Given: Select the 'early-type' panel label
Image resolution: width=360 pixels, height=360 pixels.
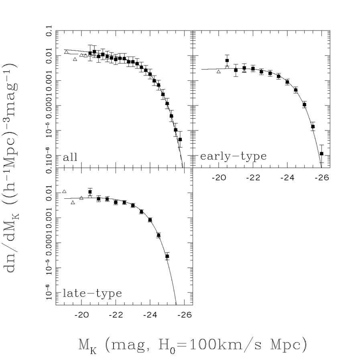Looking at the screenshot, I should pos(233,156).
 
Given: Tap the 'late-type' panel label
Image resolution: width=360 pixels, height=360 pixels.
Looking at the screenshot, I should pos(92,293).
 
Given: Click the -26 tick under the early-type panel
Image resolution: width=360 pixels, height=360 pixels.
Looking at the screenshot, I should pos(321,176).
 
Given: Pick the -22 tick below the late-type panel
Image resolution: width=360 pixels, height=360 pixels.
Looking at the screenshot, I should pos(116,313).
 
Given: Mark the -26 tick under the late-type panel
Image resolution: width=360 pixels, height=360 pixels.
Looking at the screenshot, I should pos(184,313).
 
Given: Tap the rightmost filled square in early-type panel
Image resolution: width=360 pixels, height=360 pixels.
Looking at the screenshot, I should pos(321,153).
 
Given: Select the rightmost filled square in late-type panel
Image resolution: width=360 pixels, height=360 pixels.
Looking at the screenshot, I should pos(167,256).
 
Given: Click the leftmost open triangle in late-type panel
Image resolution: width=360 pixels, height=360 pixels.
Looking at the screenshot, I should pos(64,191).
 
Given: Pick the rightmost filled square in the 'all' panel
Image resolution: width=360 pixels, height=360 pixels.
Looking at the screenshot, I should pos(180,139).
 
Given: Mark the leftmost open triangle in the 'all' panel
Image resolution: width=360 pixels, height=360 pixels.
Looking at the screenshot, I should pos(67,52).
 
